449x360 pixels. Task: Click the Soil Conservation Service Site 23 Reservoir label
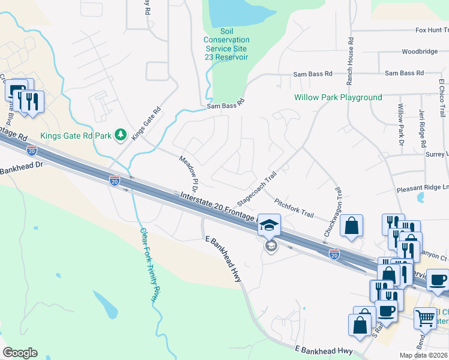227,40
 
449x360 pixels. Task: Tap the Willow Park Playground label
338,97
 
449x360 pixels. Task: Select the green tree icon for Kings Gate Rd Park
121,136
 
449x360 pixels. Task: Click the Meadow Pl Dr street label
189,170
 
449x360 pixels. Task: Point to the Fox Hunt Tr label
432,30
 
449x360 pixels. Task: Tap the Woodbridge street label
420,52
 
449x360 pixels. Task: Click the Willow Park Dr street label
400,124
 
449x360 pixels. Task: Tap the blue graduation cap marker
270,226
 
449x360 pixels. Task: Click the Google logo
20,353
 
